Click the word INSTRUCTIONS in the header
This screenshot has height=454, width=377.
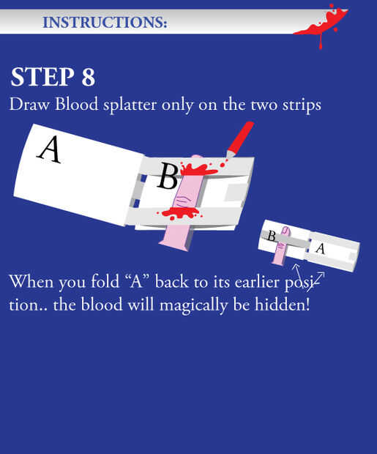coord(105,22)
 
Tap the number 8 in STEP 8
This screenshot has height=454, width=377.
coord(89,78)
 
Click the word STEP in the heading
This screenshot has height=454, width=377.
coord(42,78)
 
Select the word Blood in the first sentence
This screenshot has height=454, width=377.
coord(76,104)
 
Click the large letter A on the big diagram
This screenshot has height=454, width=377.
coord(50,149)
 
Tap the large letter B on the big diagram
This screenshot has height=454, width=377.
coord(167,176)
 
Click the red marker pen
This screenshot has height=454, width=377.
coord(239,140)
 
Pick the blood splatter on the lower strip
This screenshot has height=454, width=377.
coord(179,213)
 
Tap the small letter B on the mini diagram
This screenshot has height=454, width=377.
coord(271,236)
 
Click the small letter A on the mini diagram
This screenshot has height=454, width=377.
coord(321,248)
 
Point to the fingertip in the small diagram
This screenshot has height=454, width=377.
coord(285,230)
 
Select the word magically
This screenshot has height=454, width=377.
coord(193,305)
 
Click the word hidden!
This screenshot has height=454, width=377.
coord(283,304)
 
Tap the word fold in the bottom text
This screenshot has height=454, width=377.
coord(105,281)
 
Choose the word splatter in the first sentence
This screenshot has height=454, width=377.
coord(130,105)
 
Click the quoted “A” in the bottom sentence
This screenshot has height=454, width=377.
coord(138,281)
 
